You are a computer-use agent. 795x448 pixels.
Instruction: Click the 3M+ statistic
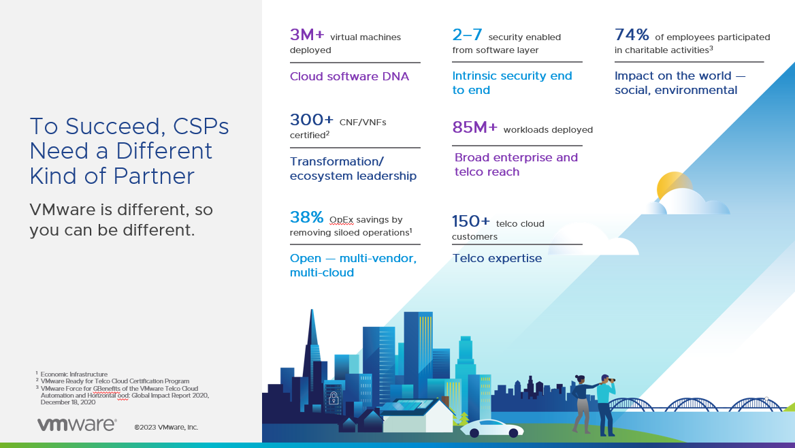click(x=307, y=35)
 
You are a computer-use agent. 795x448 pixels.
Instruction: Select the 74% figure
click(x=632, y=35)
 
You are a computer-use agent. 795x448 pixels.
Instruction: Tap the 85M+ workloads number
click(x=475, y=128)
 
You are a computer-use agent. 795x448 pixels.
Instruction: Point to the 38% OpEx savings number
click(x=307, y=218)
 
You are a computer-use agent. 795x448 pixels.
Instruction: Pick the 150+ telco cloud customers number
click(x=471, y=222)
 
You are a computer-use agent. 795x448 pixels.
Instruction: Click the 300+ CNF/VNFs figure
click(x=312, y=121)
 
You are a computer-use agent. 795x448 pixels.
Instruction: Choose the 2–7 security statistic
click(x=467, y=35)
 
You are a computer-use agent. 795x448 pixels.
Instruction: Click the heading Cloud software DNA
click(x=349, y=76)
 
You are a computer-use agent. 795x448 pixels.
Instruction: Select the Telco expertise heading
click(x=497, y=258)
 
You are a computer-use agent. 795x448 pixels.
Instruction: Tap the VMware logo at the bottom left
click(x=76, y=425)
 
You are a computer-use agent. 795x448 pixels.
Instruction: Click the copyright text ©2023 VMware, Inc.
click(x=166, y=427)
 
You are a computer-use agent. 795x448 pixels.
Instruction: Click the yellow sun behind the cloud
click(x=672, y=184)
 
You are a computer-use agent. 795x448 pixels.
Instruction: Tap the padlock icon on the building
click(x=333, y=398)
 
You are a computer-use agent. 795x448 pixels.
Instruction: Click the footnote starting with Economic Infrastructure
click(x=74, y=374)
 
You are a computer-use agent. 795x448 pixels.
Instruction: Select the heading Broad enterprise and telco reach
click(x=516, y=164)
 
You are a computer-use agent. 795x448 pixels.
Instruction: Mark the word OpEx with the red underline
click(x=341, y=220)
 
